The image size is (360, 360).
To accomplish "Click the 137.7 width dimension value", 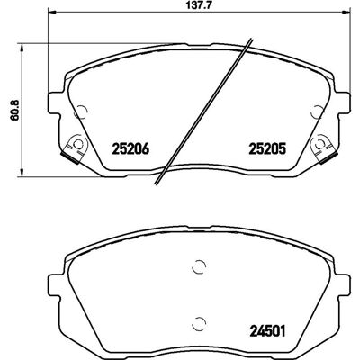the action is click(198, 5).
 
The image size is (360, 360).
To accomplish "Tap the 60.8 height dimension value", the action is click(14, 110).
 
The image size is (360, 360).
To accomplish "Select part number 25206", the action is click(130, 148).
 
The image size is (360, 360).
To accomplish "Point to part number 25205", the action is click(267, 148).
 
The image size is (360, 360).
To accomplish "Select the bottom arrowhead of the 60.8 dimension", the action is click(22, 173).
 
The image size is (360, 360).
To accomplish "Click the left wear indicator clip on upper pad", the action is click(75, 148).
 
